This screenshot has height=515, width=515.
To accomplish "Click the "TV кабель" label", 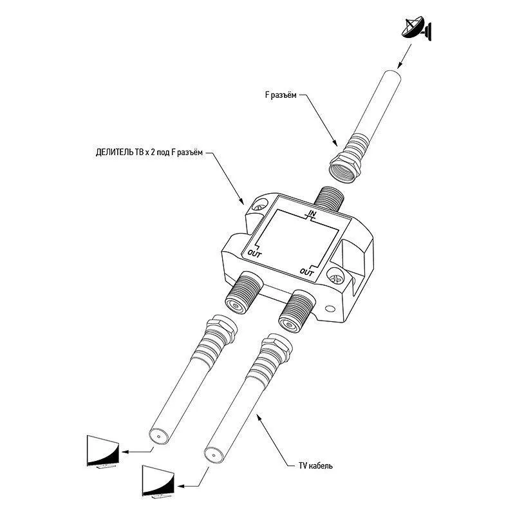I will pyautogui.click(x=315, y=465).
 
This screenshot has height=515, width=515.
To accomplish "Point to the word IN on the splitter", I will pyautogui.click(x=312, y=213).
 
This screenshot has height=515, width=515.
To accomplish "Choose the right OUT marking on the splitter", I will pyautogui.click(x=308, y=273).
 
